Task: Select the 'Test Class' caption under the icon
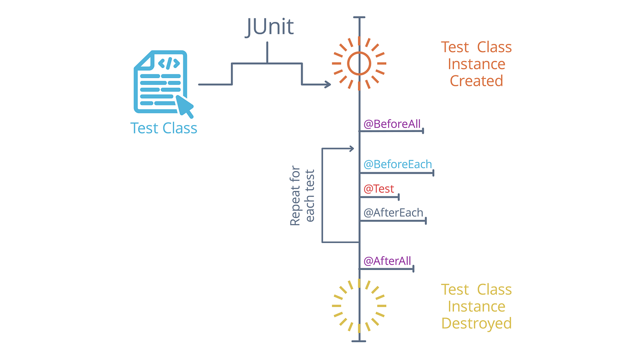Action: pyautogui.click(x=164, y=128)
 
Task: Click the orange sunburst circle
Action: pyautogui.click(x=359, y=64)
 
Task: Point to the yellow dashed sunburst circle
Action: pyautogui.click(x=359, y=306)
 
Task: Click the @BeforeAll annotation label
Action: pyautogui.click(x=392, y=123)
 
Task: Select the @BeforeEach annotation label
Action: pyautogui.click(x=397, y=164)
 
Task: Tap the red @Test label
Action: pyautogui.click(x=379, y=189)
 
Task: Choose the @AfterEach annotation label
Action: pyautogui.click(x=393, y=213)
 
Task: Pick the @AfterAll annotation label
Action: pyautogui.click(x=387, y=261)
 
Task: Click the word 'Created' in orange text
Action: pyautogui.click(x=476, y=81)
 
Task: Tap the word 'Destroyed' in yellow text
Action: pyautogui.click(x=476, y=323)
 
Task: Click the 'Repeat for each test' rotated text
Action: pyautogui.click(x=302, y=196)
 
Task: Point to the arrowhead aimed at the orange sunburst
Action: pyautogui.click(x=327, y=84)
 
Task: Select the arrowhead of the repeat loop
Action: pyautogui.click(x=352, y=148)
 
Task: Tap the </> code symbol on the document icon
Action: pyautogui.click(x=169, y=63)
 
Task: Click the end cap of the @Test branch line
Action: pyautogui.click(x=399, y=197)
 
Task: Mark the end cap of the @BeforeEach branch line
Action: pyautogui.click(x=433, y=173)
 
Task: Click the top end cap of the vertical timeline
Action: pyautogui.click(x=359, y=18)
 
